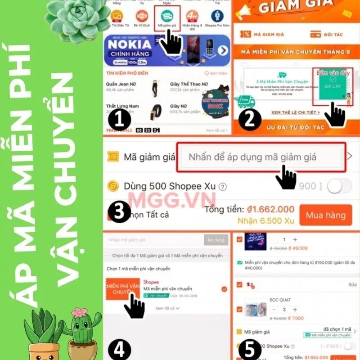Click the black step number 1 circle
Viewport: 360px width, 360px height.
click(x=120, y=120)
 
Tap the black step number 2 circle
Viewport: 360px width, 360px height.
click(x=250, y=120)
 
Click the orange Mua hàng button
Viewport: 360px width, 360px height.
click(x=325, y=215)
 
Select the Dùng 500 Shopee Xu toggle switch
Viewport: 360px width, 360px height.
click(x=339, y=186)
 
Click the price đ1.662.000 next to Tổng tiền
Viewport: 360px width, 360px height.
click(x=270, y=209)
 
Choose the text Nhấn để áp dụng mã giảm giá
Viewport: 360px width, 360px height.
click(x=252, y=157)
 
